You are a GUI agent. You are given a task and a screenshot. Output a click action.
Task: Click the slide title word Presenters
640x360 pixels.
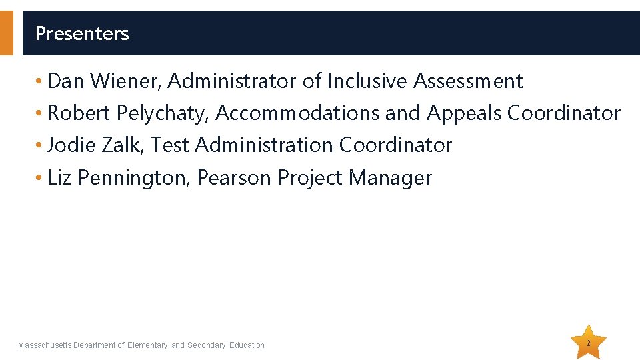coord(82,33)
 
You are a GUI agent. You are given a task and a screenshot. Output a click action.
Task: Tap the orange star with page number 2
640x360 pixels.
coord(589,343)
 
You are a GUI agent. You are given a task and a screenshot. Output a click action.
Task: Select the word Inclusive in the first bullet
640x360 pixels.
coord(367,81)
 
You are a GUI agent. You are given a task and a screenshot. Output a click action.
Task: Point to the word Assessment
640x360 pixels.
coord(468,81)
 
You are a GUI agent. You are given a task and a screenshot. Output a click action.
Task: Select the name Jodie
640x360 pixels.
coord(72,145)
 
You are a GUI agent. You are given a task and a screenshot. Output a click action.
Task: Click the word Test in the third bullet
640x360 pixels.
coord(171,145)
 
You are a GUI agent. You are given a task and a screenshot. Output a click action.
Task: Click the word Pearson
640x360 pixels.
coord(235,178)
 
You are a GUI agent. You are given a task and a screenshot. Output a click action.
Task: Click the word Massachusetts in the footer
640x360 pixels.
coord(45,345)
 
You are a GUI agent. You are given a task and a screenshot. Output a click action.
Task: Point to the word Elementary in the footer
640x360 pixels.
coord(147,345)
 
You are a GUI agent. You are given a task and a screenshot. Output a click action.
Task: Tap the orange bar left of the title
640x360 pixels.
coord(6,33)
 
